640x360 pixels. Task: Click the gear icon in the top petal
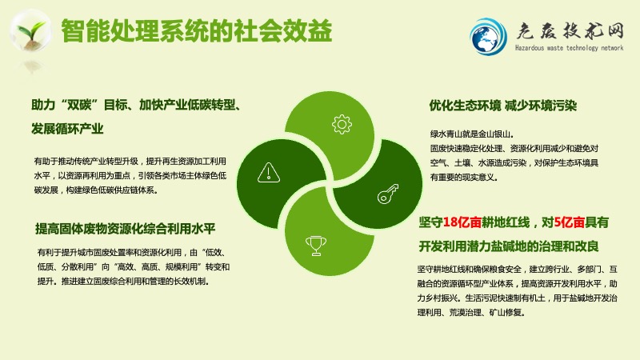tap(342, 124)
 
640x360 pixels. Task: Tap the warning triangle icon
tap(269, 172)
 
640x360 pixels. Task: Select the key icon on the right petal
tap(388, 194)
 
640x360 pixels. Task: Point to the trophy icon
tap(316, 246)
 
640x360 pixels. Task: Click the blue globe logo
tap(488, 37)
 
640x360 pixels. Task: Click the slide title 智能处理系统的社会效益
tap(196, 31)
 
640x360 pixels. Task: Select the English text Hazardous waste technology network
tap(569, 48)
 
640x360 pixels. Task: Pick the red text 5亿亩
tap(570, 222)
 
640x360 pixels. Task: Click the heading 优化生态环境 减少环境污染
tap(502, 106)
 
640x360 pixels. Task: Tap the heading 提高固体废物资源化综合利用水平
tap(125, 229)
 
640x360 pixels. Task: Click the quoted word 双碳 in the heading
tap(79, 105)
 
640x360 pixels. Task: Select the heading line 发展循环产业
tap(67, 129)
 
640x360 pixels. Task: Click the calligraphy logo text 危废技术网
tap(570, 30)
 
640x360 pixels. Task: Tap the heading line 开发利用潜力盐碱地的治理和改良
tap(509, 246)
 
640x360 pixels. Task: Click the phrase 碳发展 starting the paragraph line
tap(46, 190)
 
